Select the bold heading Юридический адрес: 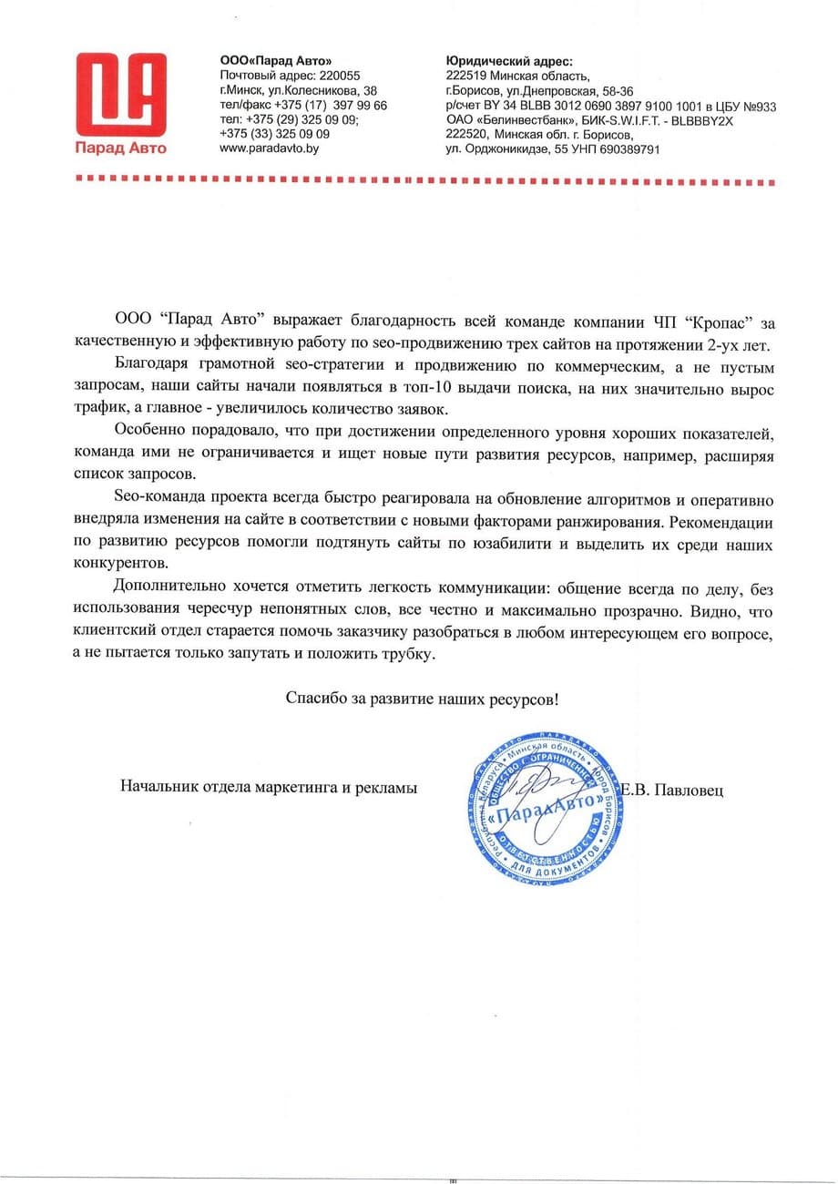pyautogui.click(x=509, y=61)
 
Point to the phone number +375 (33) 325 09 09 pyautogui.click(x=274, y=133)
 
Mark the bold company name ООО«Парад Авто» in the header pyautogui.click(x=271, y=61)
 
